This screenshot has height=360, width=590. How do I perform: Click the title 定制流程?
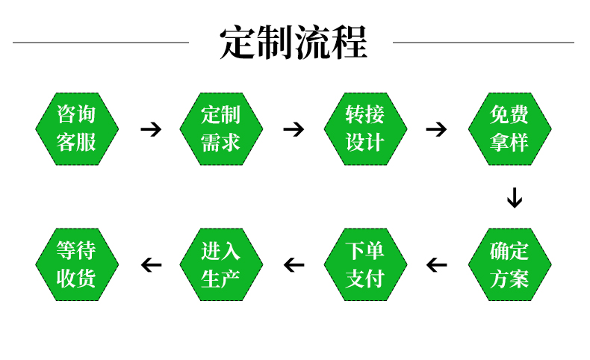point(294,43)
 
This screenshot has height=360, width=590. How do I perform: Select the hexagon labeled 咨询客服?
point(77,128)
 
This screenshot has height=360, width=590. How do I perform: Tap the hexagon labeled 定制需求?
point(221,128)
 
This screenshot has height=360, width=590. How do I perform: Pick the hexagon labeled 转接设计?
point(365,128)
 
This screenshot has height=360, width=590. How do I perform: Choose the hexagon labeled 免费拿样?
point(509,128)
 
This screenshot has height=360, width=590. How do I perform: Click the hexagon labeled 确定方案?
point(509,264)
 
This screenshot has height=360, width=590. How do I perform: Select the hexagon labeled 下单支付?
point(365,264)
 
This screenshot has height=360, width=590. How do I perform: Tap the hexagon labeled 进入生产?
point(221,264)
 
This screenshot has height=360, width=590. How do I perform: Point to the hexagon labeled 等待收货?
point(77,264)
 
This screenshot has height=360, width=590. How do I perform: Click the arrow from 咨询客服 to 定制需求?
point(151,129)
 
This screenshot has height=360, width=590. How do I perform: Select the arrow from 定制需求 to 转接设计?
point(294,129)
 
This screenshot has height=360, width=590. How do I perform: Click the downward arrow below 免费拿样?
point(514,198)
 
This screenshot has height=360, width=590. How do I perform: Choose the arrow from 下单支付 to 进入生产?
point(294,264)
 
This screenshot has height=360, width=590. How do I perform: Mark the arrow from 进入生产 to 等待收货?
point(151,264)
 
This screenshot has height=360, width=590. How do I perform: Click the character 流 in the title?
point(313,43)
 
